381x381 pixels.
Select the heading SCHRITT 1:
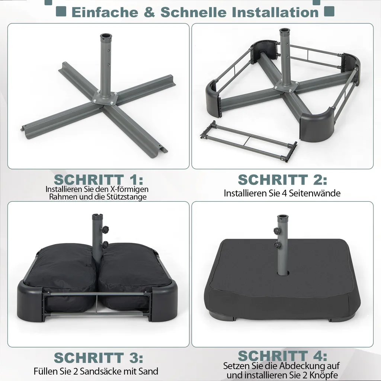[98, 180]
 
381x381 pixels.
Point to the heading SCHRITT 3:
[98, 358]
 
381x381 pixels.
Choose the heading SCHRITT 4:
[282, 356]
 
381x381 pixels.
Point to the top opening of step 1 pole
[106, 36]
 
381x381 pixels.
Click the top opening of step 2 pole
[285, 30]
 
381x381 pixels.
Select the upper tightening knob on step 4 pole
[276, 231]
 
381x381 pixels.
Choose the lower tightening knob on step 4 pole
[277, 246]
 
